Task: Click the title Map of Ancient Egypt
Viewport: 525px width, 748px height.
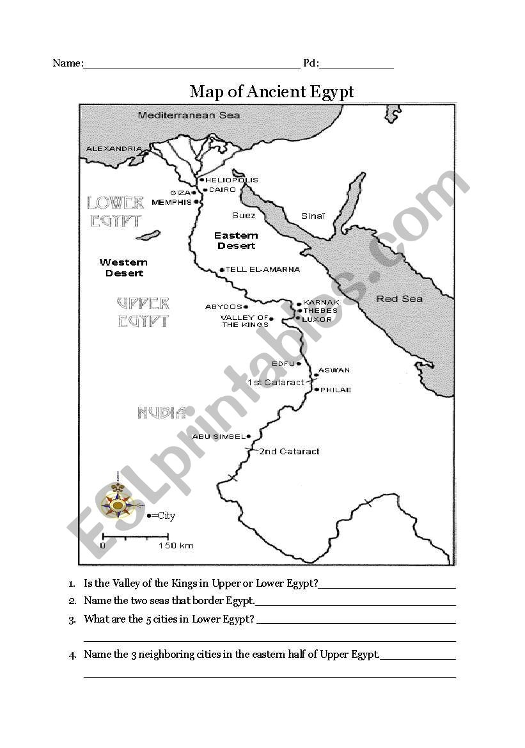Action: tap(271, 92)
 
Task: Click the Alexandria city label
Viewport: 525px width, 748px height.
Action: tap(114, 149)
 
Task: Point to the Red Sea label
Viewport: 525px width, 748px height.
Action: tap(399, 299)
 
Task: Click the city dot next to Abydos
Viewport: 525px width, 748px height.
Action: tap(246, 307)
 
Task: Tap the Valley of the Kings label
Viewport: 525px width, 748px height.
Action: tap(244, 321)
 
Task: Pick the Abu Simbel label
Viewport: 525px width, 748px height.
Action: tap(219, 437)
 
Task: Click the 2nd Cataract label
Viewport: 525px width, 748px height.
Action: tap(289, 451)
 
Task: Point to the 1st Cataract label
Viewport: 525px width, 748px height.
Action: tap(276, 383)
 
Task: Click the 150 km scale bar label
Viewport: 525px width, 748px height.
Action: tap(176, 546)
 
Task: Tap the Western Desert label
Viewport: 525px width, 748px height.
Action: tap(123, 267)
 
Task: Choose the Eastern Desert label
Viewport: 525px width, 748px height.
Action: tap(236, 241)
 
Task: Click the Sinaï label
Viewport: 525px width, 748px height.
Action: tap(313, 216)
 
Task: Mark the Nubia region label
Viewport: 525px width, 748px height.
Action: tap(162, 413)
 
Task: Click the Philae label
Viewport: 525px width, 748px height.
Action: tap(336, 390)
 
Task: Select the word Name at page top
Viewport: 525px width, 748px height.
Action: tap(67, 63)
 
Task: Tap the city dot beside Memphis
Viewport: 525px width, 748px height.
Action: tap(196, 203)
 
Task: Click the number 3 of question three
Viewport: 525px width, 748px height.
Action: tap(72, 619)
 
